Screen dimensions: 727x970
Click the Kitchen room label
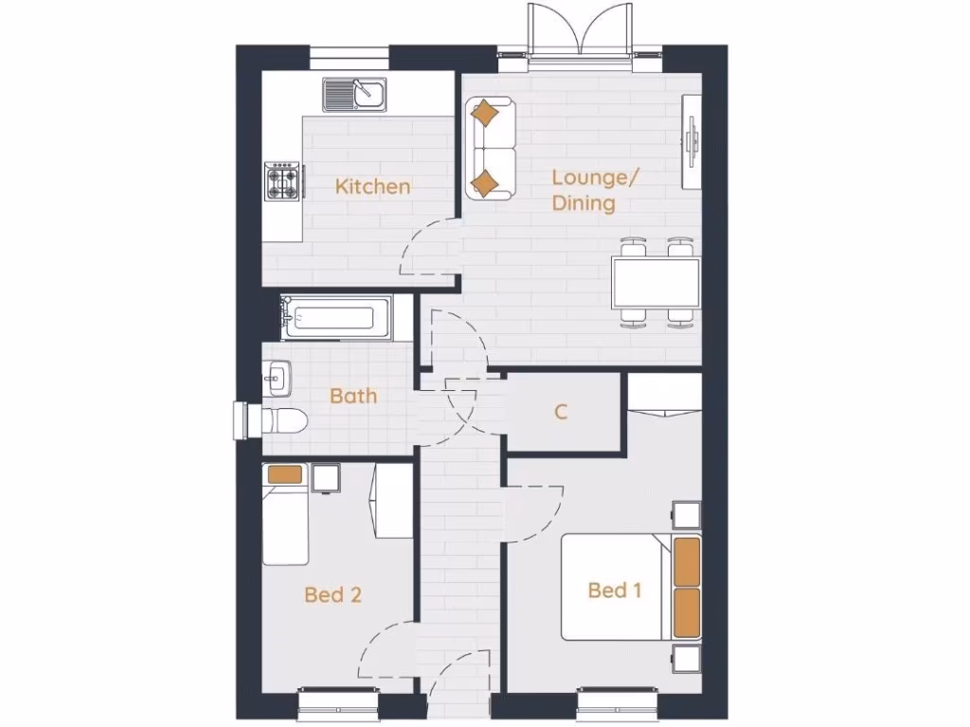373,186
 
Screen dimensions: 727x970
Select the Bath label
353,396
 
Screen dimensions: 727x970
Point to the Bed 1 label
615,591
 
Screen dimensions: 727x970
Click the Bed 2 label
332,594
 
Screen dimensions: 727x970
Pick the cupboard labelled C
562,412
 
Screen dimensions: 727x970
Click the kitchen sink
354,95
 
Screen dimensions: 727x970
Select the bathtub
335,316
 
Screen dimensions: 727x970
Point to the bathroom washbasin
276,379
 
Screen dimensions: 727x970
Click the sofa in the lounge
489,149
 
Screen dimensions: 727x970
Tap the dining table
656,283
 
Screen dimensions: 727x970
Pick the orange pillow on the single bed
284,475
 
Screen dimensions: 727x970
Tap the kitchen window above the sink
349,57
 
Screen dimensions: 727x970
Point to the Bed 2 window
336,704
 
